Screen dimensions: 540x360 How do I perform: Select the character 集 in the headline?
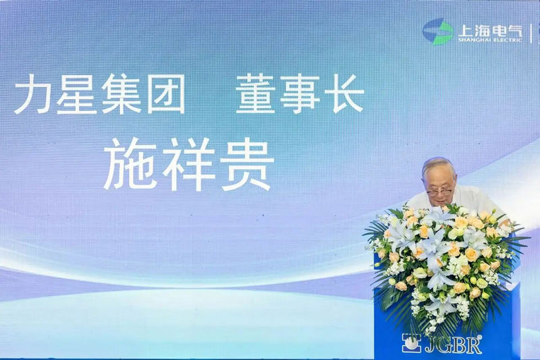pos(120,94)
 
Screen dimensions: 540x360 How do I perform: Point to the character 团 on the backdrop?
pos(165,94)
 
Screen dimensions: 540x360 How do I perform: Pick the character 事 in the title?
pos(300,94)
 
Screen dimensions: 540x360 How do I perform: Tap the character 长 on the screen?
pos(344,94)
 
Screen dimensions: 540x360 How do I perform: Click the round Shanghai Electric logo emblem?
pos(437,32)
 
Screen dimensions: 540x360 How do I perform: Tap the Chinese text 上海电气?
pos(490,30)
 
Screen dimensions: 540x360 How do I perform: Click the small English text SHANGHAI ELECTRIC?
pos(490,40)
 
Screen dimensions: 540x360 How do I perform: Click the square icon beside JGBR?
pos(411,342)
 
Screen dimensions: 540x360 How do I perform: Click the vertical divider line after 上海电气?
pos(531,32)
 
